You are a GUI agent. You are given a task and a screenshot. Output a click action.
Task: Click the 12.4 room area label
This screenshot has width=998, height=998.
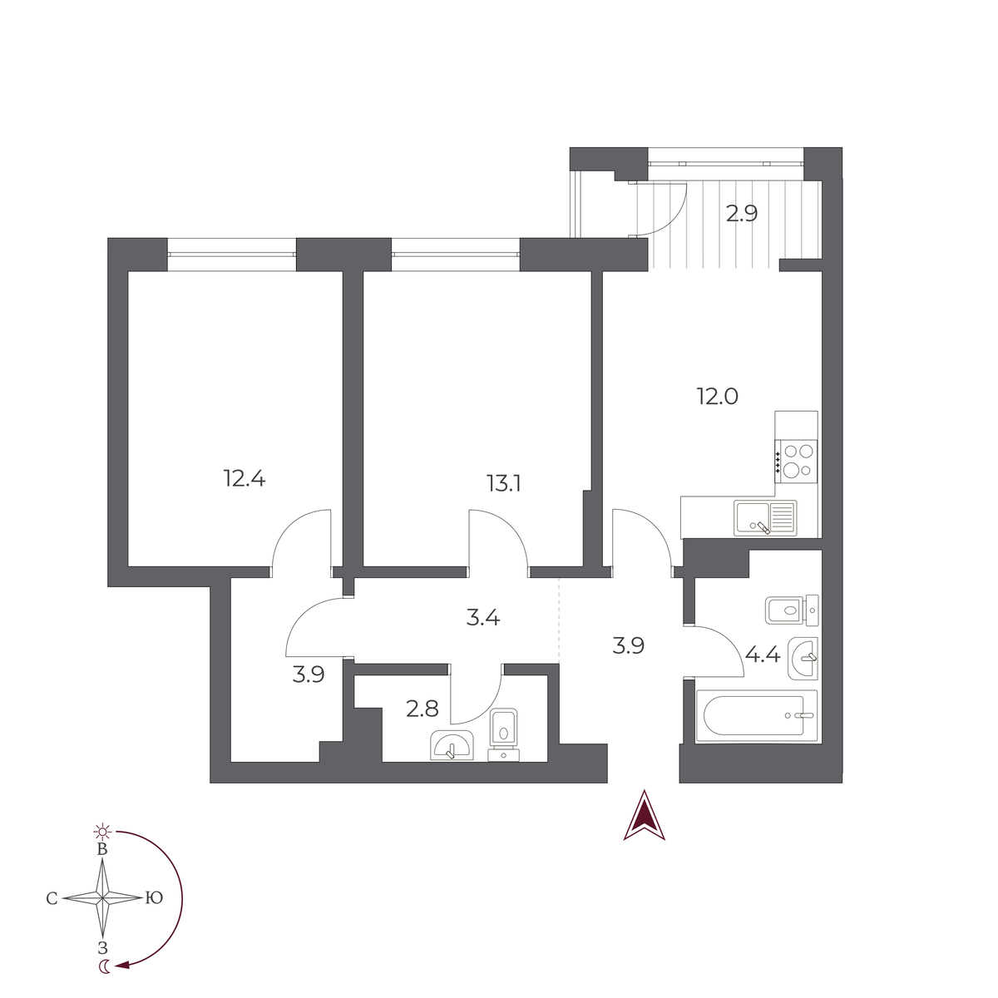[x=245, y=478]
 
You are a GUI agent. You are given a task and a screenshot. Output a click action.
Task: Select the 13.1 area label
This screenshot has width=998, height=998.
[x=503, y=484]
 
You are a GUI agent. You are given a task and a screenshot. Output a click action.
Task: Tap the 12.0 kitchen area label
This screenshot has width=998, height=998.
[x=717, y=397]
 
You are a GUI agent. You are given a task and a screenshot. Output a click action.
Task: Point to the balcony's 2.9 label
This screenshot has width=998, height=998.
[x=742, y=214]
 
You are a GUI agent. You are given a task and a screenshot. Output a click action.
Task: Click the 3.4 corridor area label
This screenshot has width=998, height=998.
[x=482, y=617]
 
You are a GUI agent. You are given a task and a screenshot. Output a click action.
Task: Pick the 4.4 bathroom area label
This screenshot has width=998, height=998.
[x=763, y=655]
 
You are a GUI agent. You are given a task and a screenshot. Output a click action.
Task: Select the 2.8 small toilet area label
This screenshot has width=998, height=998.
[x=422, y=709]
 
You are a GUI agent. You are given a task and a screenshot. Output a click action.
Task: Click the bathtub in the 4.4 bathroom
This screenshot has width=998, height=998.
[x=757, y=716]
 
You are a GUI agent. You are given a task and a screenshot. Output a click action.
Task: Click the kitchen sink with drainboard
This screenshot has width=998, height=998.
[x=765, y=518]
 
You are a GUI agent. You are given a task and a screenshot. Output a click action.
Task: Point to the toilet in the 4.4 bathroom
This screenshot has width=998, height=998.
[x=792, y=610]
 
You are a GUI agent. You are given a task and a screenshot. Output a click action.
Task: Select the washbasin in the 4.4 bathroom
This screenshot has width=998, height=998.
[x=803, y=658]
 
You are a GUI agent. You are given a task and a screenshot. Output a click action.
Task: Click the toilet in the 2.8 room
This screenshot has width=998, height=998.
[x=503, y=735]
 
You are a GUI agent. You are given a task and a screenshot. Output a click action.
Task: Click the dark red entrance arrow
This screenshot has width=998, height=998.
[x=644, y=815]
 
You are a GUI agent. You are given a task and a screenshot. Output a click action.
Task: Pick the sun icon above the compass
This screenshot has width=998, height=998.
[x=102, y=832]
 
